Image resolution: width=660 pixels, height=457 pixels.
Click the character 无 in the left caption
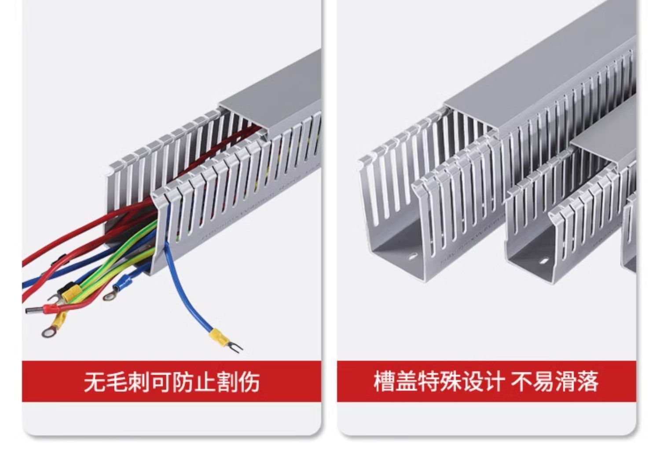click(95, 381)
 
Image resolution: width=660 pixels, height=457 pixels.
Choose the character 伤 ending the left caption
click(249, 381)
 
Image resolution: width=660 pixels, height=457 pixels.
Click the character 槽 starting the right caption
click(384, 381)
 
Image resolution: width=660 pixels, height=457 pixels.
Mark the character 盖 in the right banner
click(406, 381)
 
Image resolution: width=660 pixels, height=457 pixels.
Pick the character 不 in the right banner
click(521, 381)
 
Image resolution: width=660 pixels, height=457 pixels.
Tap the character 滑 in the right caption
click(565, 381)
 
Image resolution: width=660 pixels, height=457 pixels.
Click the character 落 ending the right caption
click(587, 381)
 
